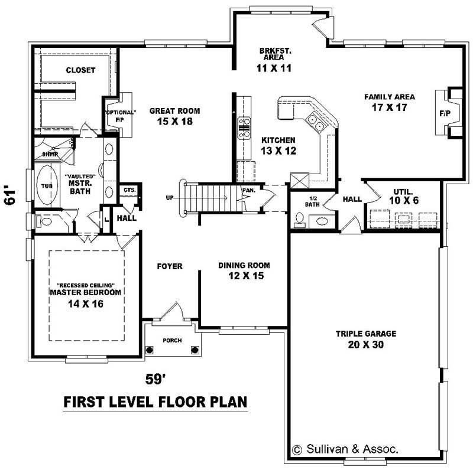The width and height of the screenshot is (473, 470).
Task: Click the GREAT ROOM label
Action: [x=174, y=111]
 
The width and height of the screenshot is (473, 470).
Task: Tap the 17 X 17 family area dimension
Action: [x=390, y=107]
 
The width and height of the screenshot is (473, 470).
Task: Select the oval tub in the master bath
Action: [x=47, y=185]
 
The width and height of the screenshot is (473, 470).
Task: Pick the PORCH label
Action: [x=172, y=340]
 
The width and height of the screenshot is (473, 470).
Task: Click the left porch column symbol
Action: [x=150, y=350]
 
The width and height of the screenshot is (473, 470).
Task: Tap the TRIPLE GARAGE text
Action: [x=366, y=334]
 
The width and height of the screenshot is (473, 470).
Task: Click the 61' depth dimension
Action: [x=10, y=197]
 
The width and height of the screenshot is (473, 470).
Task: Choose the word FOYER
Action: [x=170, y=266]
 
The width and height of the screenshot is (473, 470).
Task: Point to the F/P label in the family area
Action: [x=445, y=113]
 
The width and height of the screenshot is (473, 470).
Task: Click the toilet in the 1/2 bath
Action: [x=299, y=218]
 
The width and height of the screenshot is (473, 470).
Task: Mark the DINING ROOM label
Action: [x=244, y=266]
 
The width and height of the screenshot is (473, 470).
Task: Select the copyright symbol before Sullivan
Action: [x=297, y=450]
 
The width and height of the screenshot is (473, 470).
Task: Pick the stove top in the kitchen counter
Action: [x=244, y=128]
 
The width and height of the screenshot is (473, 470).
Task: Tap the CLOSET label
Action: [x=80, y=70]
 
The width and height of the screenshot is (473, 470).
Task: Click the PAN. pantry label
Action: [x=249, y=190]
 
